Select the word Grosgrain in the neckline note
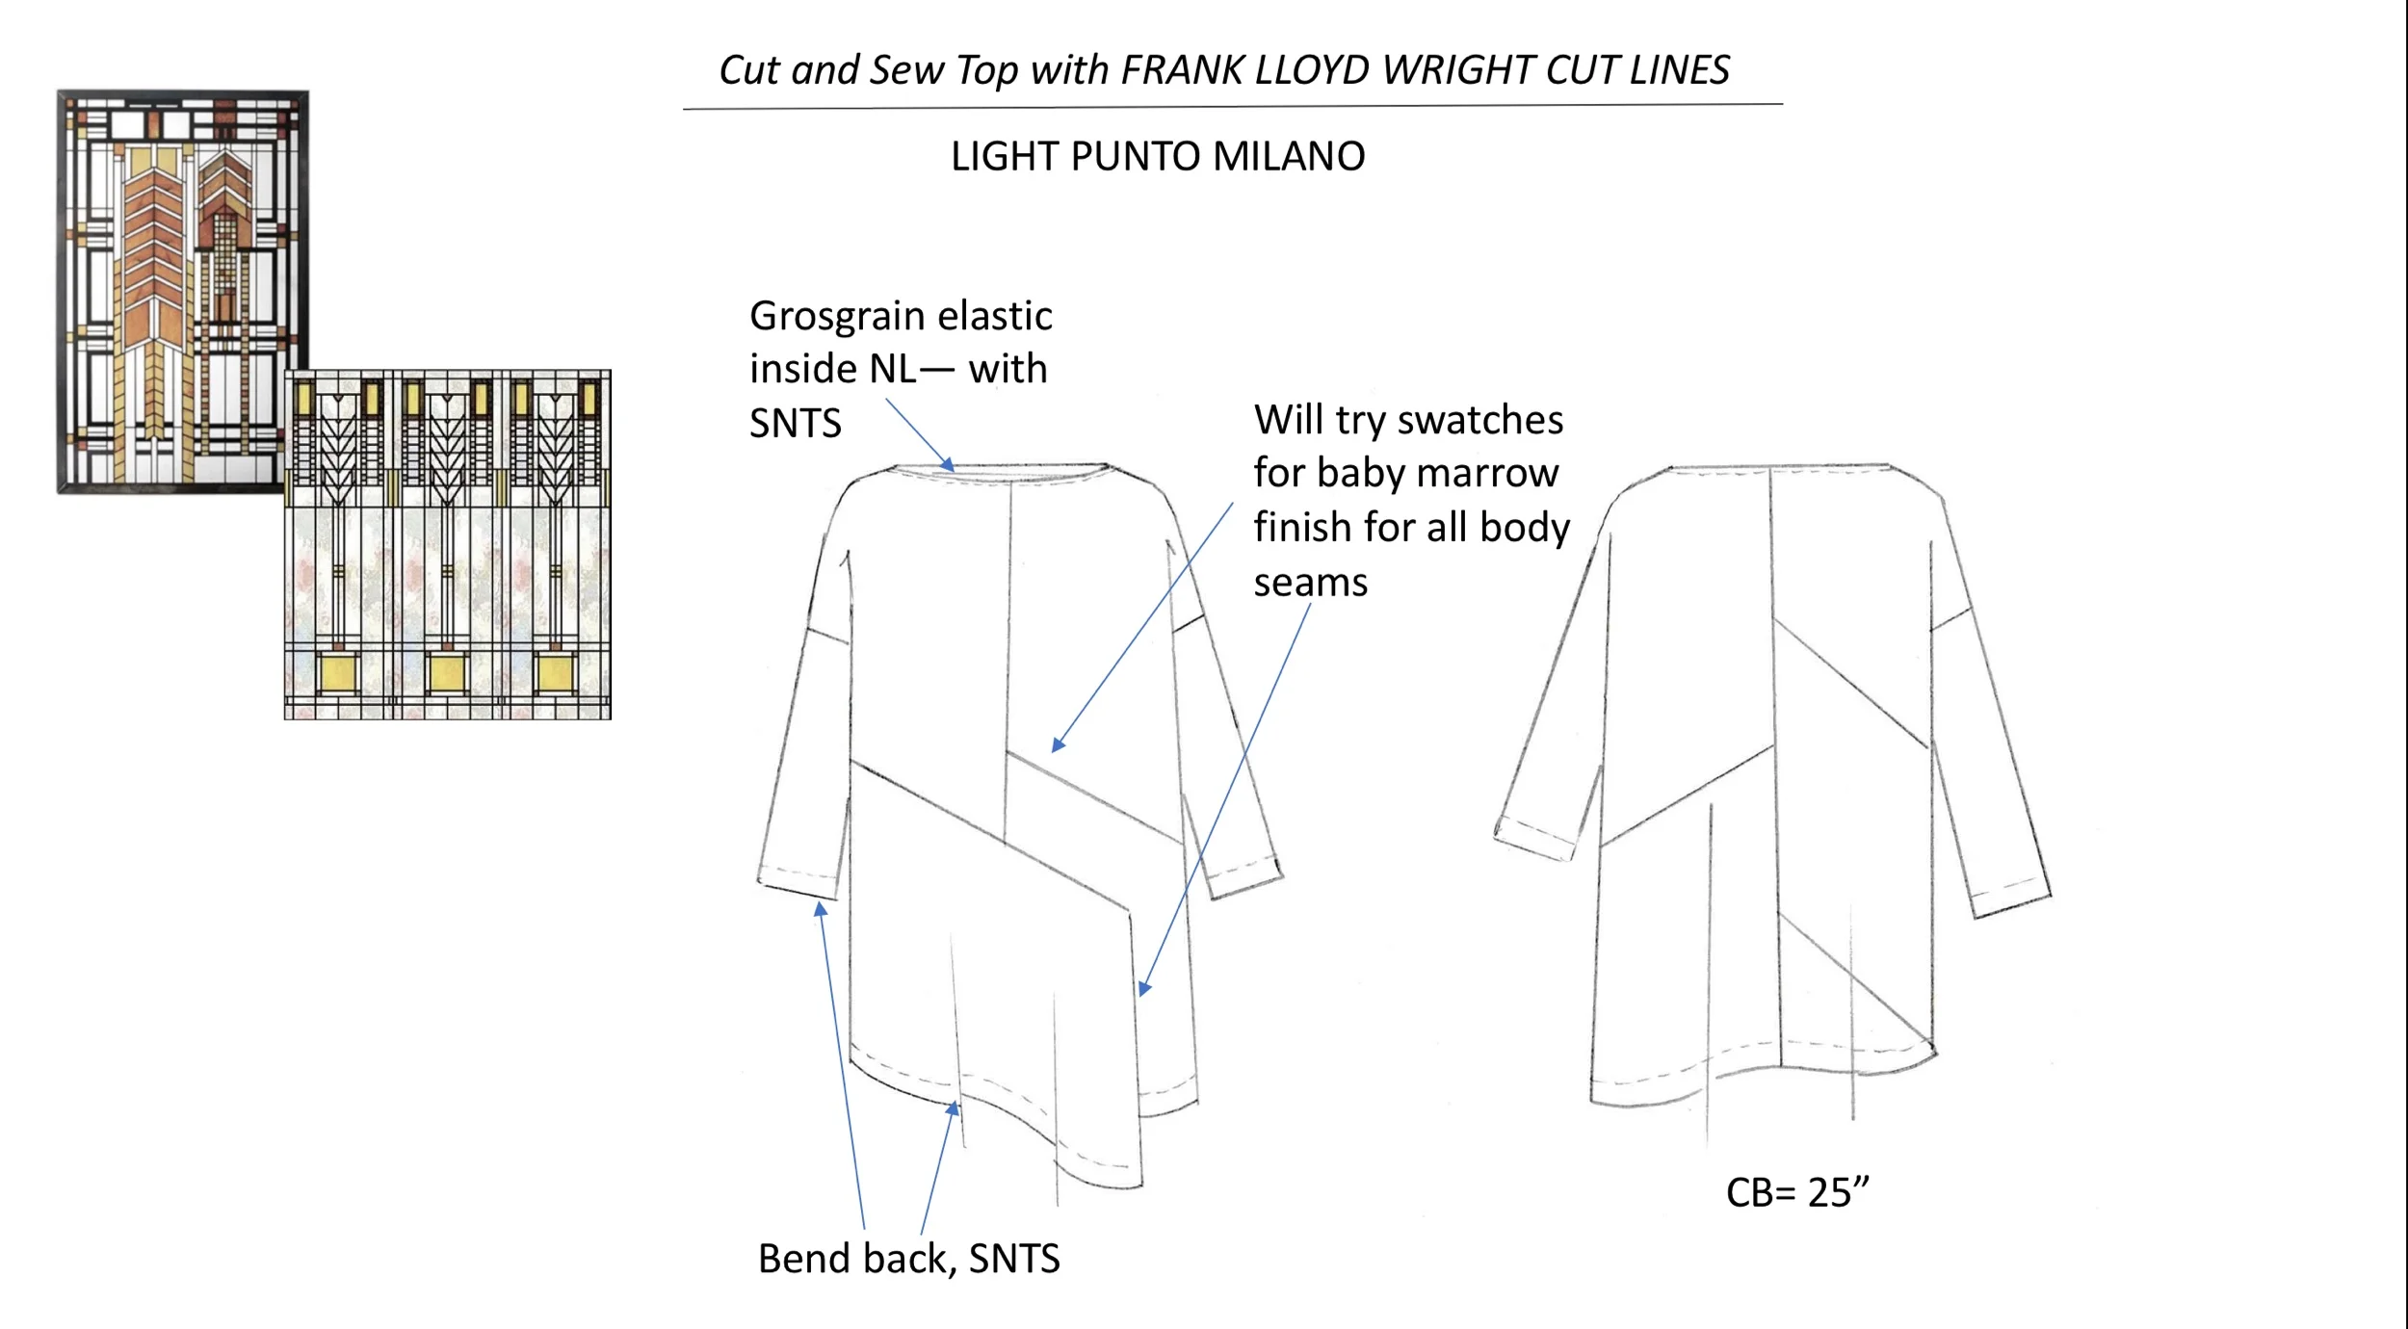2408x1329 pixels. click(x=833, y=316)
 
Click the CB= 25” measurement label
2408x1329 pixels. click(x=1797, y=1192)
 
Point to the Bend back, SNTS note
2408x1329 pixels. click(x=908, y=1259)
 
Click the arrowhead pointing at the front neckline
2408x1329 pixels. click(x=949, y=466)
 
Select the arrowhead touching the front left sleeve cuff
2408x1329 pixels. click(x=821, y=907)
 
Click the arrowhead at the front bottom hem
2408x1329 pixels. click(x=954, y=1108)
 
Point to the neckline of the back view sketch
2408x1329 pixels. click(x=1778, y=469)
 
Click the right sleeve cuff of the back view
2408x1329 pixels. click(x=2011, y=899)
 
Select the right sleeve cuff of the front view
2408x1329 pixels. click(x=1245, y=878)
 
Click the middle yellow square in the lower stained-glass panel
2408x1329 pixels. click(x=447, y=672)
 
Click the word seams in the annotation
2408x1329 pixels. click(x=1310, y=584)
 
